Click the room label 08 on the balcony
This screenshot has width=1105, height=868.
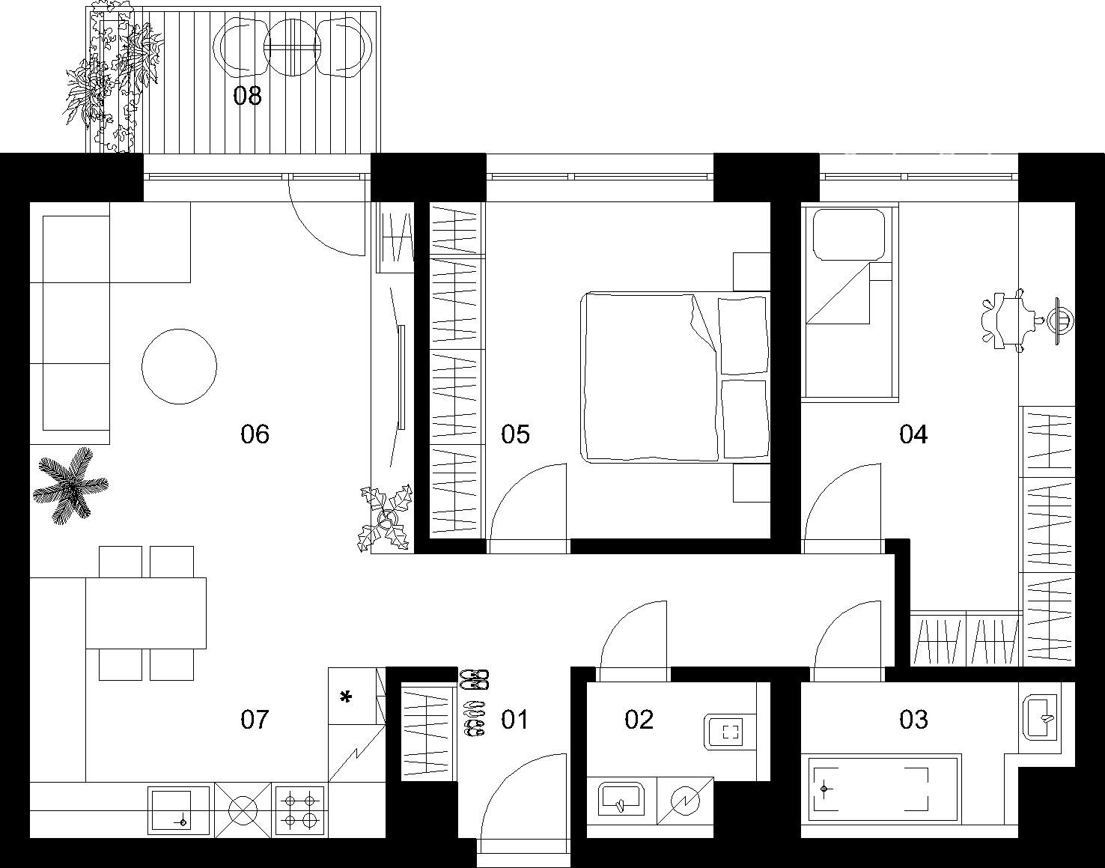click(x=247, y=96)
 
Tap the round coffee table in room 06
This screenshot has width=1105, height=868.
click(x=179, y=366)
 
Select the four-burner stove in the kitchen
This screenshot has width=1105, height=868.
click(x=299, y=811)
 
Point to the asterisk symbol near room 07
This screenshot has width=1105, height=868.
click(x=347, y=696)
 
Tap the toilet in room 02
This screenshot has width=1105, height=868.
click(x=730, y=732)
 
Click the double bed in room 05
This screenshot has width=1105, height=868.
click(x=675, y=377)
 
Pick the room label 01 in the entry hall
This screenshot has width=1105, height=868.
click(x=514, y=720)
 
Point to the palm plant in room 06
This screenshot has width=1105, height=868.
click(x=70, y=485)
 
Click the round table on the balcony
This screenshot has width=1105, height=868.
click(x=293, y=47)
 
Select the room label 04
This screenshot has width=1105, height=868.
click(x=913, y=434)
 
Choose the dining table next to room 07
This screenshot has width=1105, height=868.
click(x=146, y=613)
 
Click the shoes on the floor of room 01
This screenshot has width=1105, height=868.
click(x=474, y=702)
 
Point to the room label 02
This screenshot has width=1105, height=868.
click(x=639, y=720)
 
